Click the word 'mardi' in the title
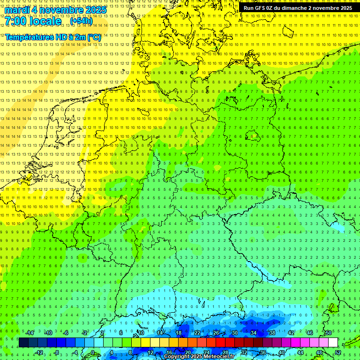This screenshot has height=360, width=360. coord(16,9)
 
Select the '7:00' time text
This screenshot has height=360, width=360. coord(15,21)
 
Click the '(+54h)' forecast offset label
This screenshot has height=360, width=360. coord(81,21)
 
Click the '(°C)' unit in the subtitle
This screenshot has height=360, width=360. coord(94,37)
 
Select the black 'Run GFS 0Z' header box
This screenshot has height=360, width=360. coord(298,8)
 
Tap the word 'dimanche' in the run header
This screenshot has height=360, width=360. coord(294,8)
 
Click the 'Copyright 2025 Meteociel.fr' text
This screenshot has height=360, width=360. coord(199,357)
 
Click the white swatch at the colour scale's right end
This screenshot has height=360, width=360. coord(333,343)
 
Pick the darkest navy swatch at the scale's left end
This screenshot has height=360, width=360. coord(23,343)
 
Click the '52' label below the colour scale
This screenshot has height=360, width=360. coord(338,352)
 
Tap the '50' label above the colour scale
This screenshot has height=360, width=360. coord(328,333)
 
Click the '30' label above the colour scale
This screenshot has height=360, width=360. coord(234,333)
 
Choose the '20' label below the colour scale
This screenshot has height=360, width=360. coord(187,352)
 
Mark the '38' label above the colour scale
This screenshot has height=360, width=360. coord(272,333)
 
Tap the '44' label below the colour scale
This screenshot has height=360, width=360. coord(300,352)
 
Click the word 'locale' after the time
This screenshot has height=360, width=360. coord(44,21)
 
